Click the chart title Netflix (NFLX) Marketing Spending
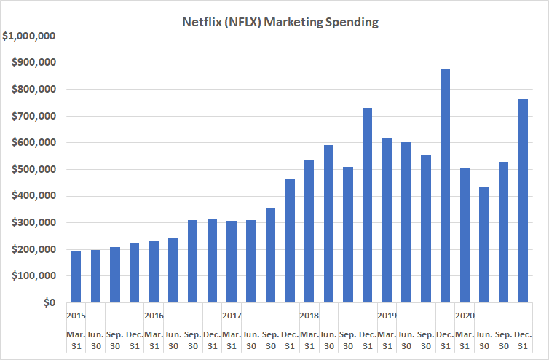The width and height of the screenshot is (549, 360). (x=280, y=22)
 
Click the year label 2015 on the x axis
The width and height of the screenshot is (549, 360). (x=76, y=316)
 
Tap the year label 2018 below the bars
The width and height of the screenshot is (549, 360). (x=309, y=316)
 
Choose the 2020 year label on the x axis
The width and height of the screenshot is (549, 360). (x=465, y=316)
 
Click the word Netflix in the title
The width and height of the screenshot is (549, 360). (x=199, y=22)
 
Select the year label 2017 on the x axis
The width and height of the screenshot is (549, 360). (x=232, y=316)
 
